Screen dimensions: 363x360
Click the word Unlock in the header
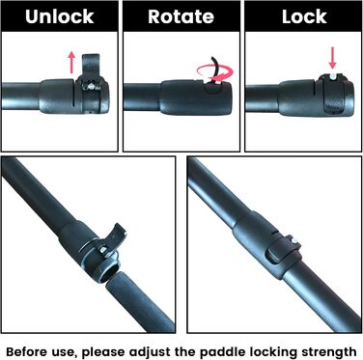click(x=60, y=16)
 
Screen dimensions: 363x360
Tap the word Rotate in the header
click(x=181, y=16)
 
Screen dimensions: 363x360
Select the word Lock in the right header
click(x=304, y=16)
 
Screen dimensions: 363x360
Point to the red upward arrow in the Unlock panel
click(x=71, y=63)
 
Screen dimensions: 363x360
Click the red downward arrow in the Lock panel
click(x=333, y=58)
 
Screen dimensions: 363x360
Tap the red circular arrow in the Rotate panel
click(x=215, y=72)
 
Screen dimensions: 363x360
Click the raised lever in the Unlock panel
click(x=91, y=67)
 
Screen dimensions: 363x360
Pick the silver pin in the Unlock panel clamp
click(x=92, y=86)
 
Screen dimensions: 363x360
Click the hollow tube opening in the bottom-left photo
click(x=108, y=274)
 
